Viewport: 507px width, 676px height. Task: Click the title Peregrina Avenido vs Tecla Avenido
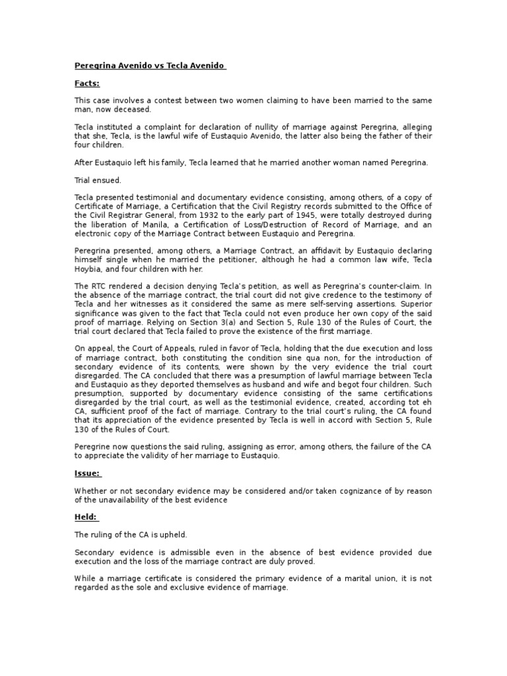click(x=149, y=66)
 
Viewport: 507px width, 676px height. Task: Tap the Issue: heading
click(x=87, y=473)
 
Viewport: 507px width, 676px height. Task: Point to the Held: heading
click(x=86, y=518)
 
